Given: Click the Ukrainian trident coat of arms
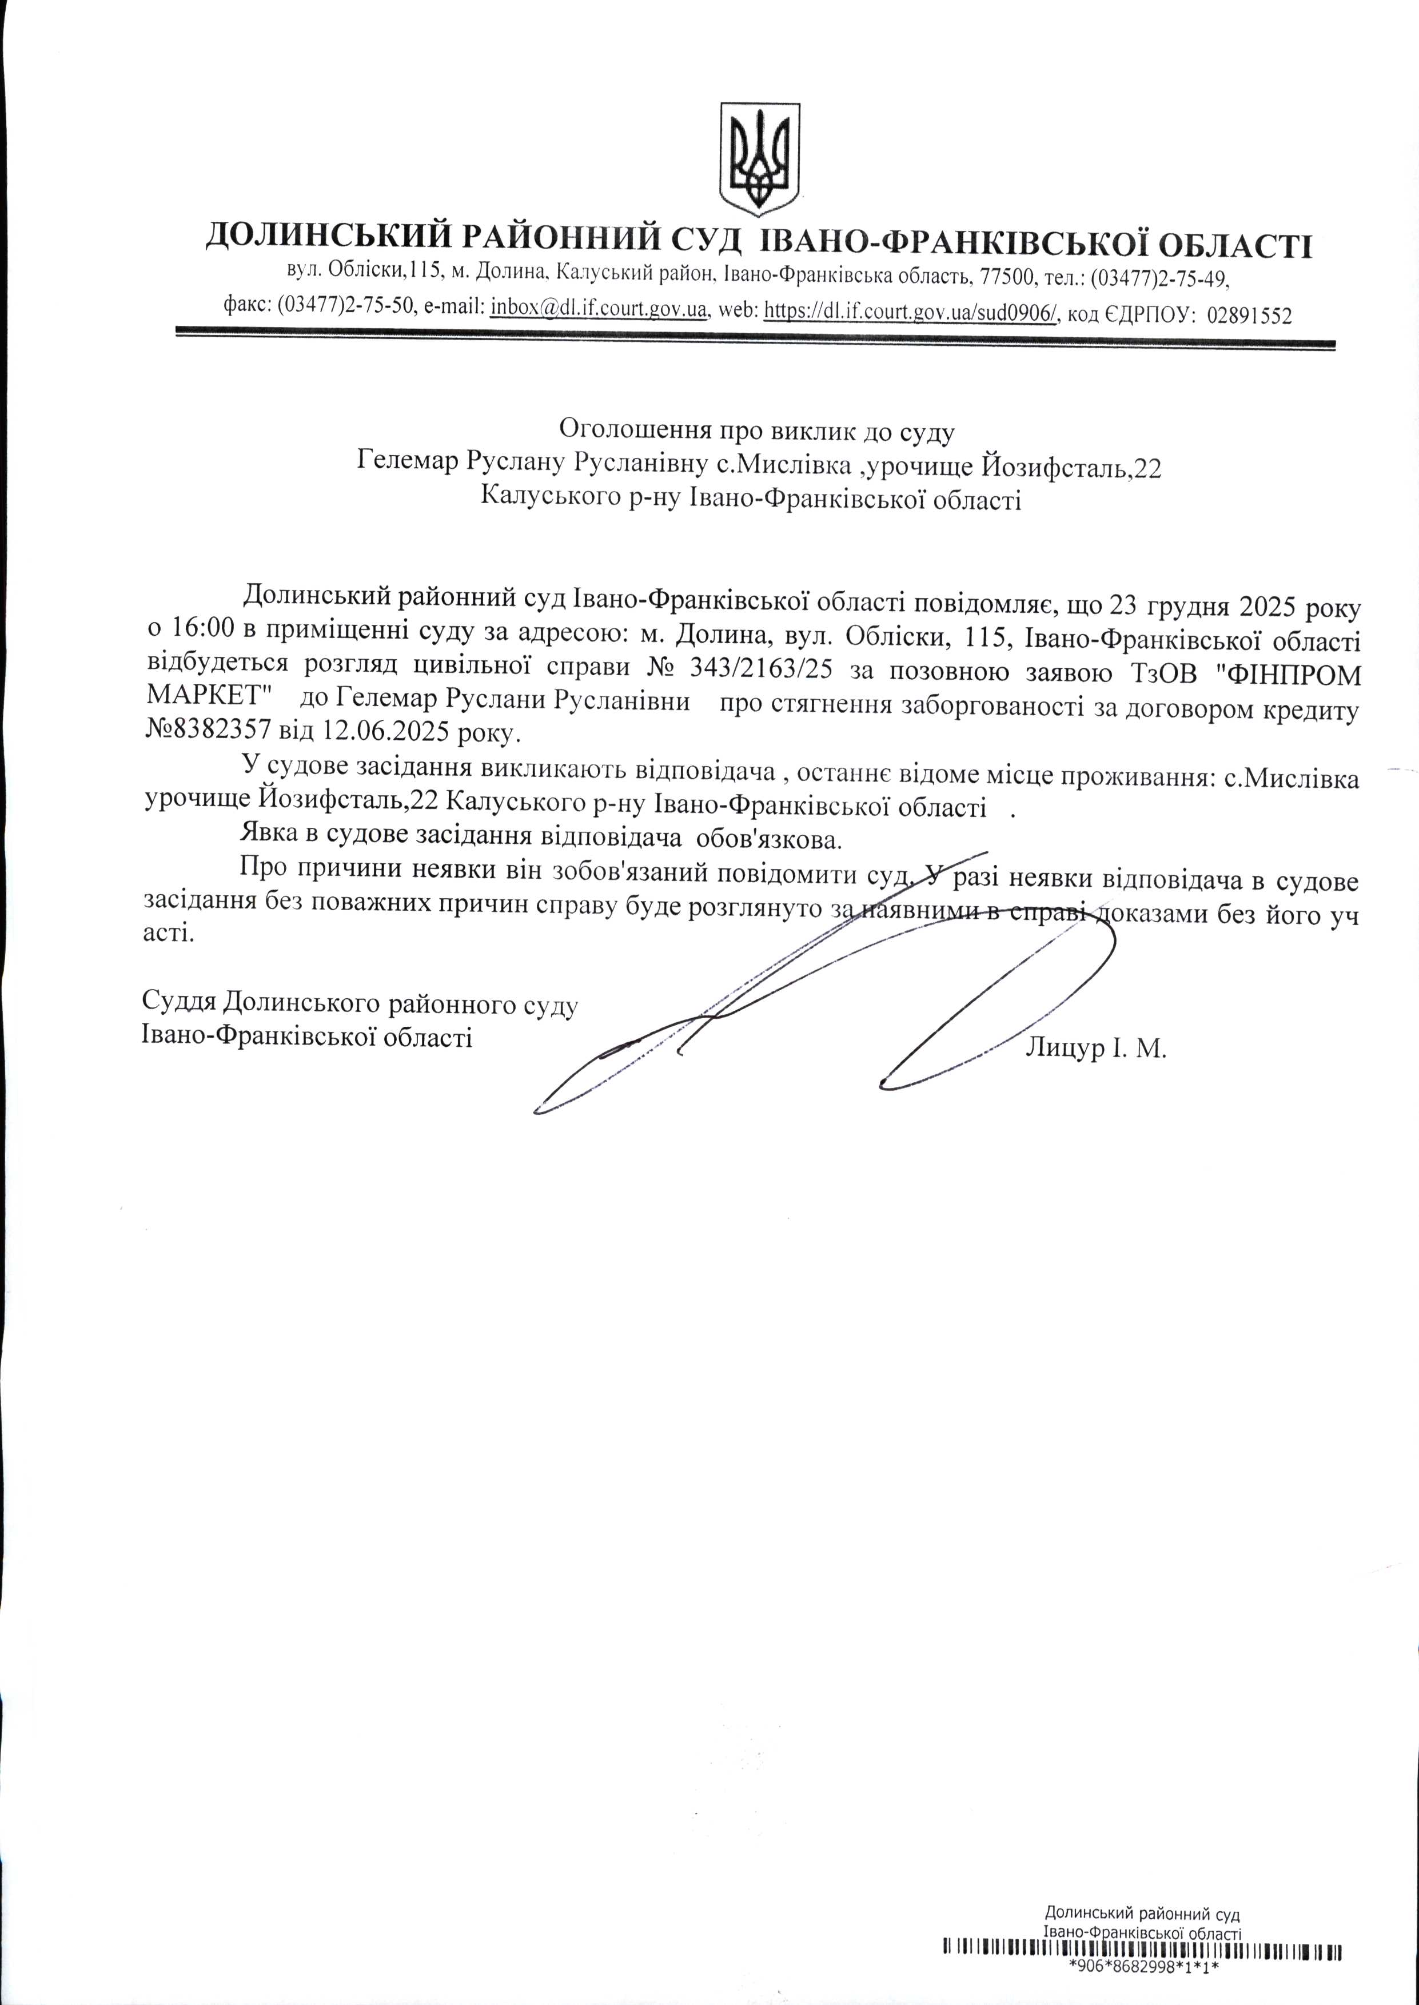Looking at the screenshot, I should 759,159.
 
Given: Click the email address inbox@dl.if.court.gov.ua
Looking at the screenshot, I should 599,310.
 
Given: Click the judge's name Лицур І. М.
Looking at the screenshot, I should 1097,1047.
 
